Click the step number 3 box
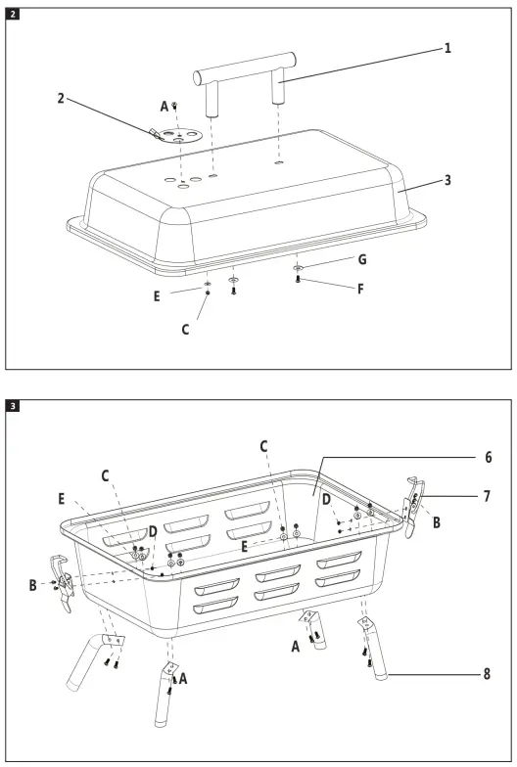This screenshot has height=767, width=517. pos(12,404)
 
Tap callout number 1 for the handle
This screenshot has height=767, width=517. pos(447,47)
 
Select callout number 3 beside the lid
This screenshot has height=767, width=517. pos(447,180)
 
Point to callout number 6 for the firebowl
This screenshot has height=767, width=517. pos(459,456)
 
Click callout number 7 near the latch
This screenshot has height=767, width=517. pos(459,497)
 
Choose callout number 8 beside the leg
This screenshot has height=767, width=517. pos(459,673)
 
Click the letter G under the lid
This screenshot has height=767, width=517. pos(362,260)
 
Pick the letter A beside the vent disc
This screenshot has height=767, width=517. pos(164,106)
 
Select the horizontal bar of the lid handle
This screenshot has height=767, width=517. pos(244,66)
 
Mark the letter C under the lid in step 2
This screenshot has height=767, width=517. pos(184,330)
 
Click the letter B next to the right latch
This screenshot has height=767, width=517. pos(437,522)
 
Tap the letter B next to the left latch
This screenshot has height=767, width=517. pos(34,585)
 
